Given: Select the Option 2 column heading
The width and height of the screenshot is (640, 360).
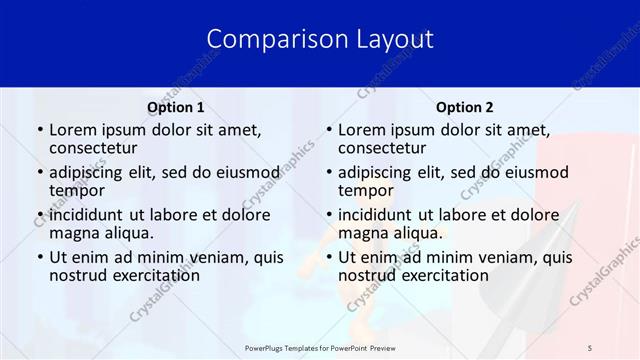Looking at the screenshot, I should [464, 107].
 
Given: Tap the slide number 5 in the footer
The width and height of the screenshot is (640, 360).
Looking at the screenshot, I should [590, 347].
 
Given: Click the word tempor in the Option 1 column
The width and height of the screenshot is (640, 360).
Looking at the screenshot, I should [75, 191].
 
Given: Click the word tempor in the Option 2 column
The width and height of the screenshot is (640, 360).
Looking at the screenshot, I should [364, 191].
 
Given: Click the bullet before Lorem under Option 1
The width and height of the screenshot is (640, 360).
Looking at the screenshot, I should [39, 130].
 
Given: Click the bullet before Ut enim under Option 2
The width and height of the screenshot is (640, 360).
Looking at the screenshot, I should [328, 257].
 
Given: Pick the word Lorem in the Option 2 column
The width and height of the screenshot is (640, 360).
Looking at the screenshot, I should [362, 129].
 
